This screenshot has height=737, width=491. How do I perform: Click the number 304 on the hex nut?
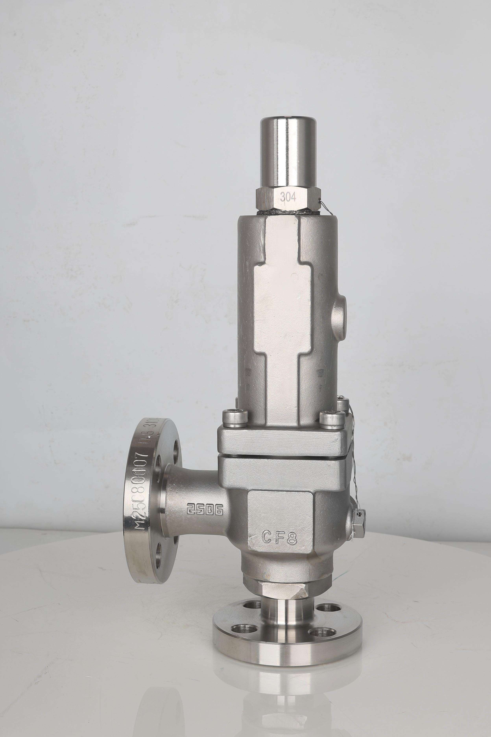pos(288,197)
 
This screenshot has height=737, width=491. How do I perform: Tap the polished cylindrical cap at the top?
pos(288,150)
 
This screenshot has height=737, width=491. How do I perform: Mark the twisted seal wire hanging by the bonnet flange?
pos(350,451)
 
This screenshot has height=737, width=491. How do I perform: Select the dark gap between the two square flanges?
pos(282,457)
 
